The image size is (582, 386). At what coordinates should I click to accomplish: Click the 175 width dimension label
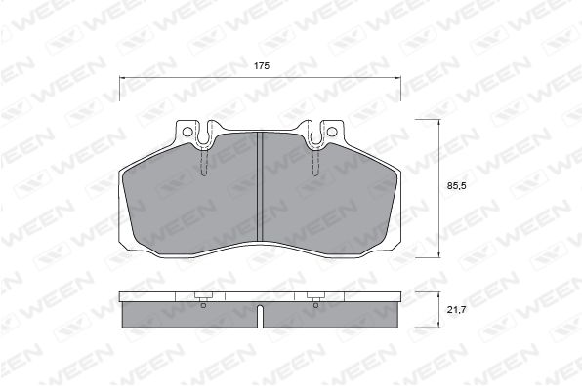coord(262,66)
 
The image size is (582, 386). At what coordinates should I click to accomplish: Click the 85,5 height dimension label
coord(456,186)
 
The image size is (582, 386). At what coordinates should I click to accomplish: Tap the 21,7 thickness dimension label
coord(456,310)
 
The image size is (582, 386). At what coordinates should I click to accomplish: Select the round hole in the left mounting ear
coord(187,132)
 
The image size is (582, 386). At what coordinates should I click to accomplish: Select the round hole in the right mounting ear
coord(331,132)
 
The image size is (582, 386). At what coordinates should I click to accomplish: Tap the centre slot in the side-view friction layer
coord(260,316)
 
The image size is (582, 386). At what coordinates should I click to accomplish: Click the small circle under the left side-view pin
coord(203,306)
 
